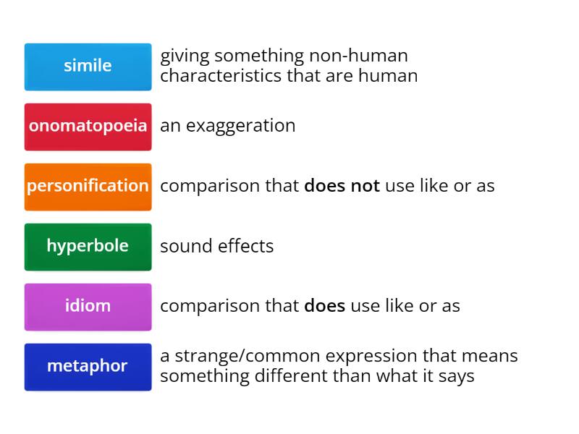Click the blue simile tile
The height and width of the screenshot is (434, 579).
click(88, 67)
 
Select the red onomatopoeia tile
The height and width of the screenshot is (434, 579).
click(88, 127)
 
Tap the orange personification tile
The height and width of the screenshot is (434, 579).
click(88, 187)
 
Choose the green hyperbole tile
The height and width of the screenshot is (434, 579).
click(88, 247)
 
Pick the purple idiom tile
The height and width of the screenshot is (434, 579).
click(88, 307)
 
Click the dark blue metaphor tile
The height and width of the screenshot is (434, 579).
click(88, 367)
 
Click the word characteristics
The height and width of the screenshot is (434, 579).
click(221, 75)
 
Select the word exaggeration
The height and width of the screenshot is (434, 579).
click(240, 126)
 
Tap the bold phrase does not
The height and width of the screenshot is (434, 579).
click(342, 186)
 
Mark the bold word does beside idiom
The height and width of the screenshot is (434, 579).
click(324, 306)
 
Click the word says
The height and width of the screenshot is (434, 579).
click(457, 376)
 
